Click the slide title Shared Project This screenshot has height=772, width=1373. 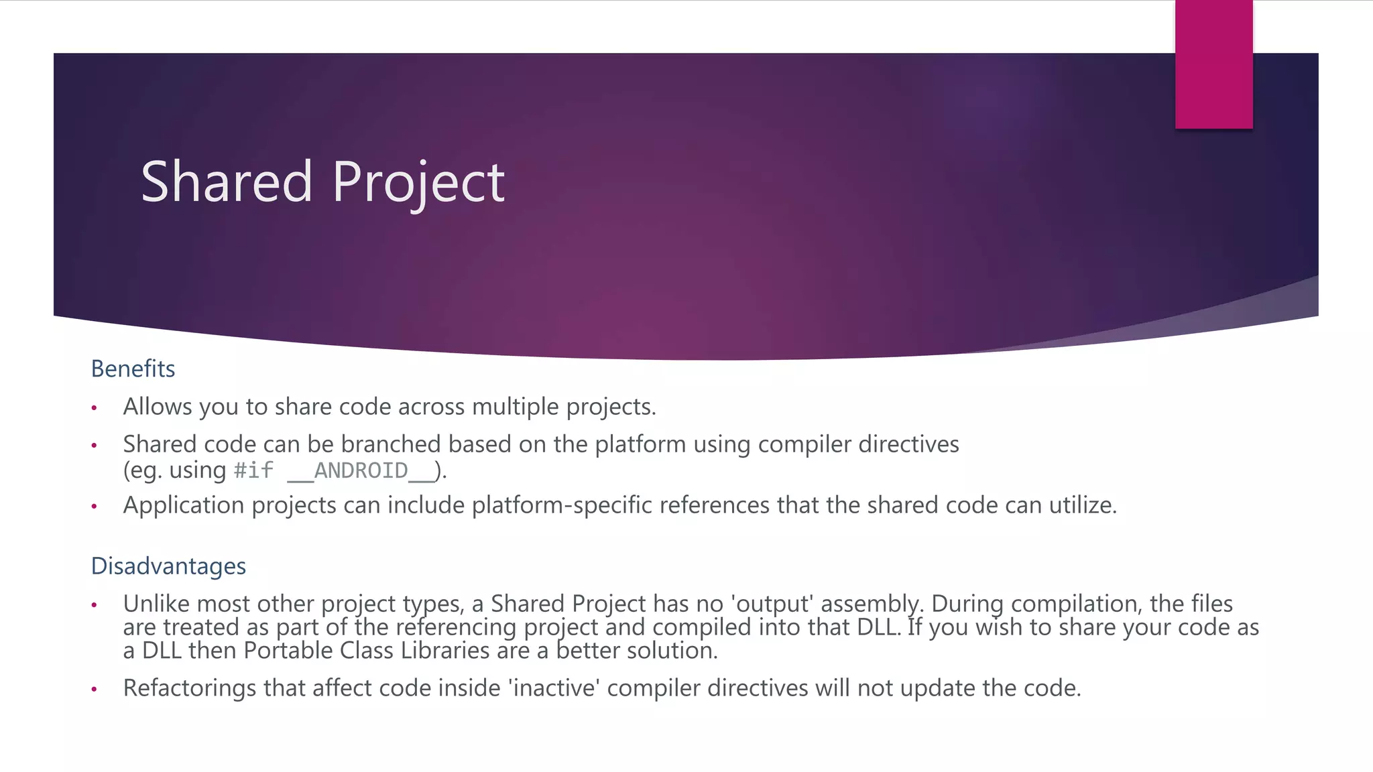point(322,182)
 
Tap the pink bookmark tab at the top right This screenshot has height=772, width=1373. point(1213,64)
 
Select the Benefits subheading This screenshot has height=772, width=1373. point(133,369)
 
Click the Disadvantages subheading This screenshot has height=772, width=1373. point(168,566)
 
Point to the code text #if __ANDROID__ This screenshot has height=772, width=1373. point(334,470)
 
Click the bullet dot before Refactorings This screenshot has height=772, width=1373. point(95,689)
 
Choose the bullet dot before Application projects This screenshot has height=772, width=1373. point(95,506)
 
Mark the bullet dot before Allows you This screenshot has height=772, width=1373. point(95,407)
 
